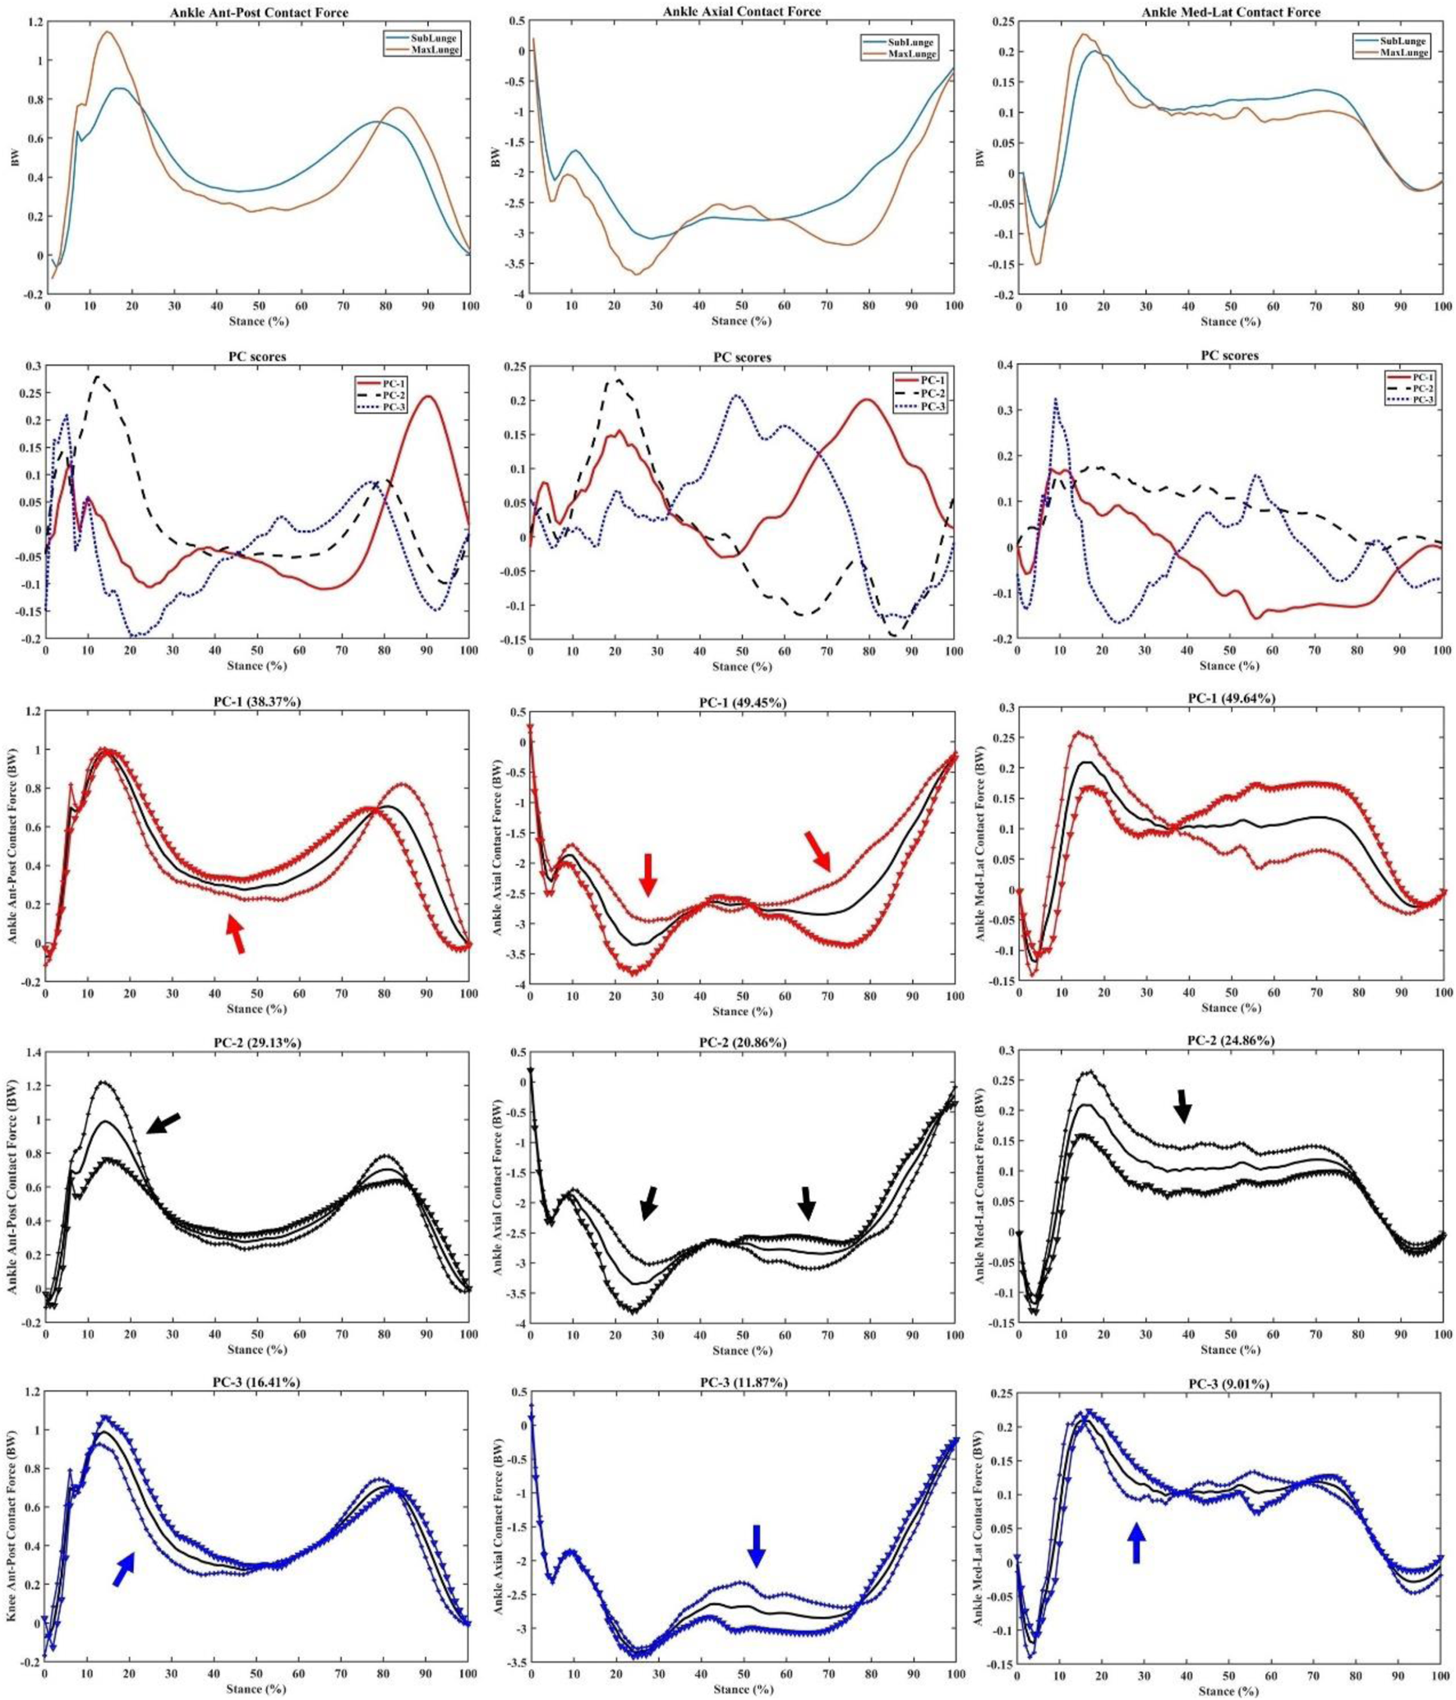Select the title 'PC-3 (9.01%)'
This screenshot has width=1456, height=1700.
[1228, 1385]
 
